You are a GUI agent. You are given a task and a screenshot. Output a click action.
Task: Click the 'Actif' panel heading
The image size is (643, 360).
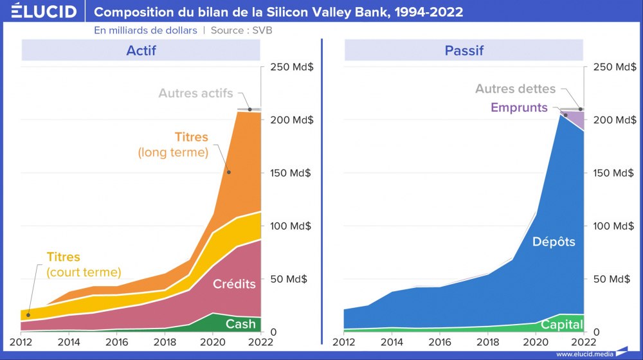(x=141, y=50)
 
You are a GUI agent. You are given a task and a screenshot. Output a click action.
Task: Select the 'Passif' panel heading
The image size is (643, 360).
(x=464, y=50)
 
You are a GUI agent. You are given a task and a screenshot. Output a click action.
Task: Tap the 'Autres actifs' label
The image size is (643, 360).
(x=195, y=93)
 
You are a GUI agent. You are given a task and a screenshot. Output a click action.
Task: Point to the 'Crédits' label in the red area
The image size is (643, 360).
(x=234, y=284)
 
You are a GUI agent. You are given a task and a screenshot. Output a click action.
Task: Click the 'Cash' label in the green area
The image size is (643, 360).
(x=240, y=324)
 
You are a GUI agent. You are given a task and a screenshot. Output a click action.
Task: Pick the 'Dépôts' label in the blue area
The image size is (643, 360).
(x=554, y=242)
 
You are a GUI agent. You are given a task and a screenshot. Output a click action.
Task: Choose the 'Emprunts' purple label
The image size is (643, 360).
(x=519, y=107)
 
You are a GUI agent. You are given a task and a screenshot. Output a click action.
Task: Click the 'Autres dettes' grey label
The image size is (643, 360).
(x=515, y=89)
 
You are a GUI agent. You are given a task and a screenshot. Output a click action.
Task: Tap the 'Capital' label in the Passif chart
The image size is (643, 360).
(x=561, y=325)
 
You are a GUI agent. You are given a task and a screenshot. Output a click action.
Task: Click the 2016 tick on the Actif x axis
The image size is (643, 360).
(x=116, y=341)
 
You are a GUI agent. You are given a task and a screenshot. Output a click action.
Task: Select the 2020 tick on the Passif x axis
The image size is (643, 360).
(x=536, y=341)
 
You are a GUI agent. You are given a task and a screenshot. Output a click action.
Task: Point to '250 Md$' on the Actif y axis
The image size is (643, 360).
(x=290, y=67)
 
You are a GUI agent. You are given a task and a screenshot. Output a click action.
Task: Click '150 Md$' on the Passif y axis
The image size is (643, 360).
(x=612, y=173)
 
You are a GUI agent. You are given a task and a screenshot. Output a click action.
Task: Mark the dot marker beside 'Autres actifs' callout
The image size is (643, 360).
(x=250, y=109)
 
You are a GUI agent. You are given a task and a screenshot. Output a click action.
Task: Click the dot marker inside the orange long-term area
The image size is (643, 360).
(x=229, y=172)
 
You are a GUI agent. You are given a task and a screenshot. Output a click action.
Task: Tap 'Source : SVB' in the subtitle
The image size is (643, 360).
(x=247, y=30)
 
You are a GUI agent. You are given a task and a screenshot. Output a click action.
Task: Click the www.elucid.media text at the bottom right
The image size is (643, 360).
(x=584, y=354)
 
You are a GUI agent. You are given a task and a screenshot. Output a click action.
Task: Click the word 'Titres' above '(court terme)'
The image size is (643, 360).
(x=64, y=257)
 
